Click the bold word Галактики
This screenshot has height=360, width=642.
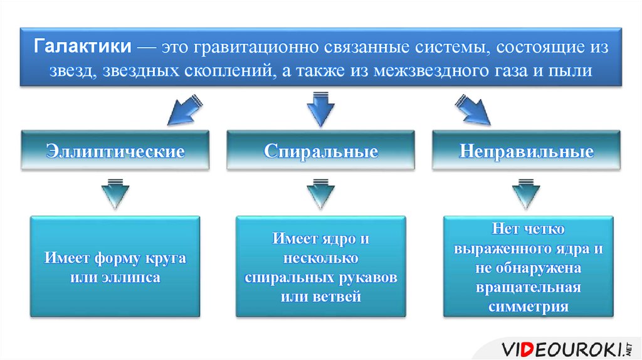click(x=82, y=48)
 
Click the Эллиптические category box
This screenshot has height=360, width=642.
click(x=115, y=151)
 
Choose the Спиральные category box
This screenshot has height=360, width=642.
click(x=320, y=151)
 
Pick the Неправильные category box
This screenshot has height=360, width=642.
click(x=526, y=151)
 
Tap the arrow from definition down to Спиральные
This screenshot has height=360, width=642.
click(x=321, y=107)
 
